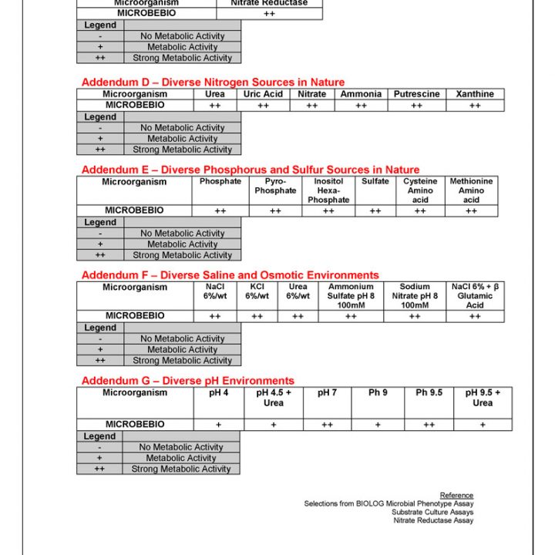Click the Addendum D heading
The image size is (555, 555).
213,82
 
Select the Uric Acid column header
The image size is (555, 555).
263,94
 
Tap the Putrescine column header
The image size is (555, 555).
416,94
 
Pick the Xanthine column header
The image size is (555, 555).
475,94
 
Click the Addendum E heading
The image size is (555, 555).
251,170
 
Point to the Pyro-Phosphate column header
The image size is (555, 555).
275,186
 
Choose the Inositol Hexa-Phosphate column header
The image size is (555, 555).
328,190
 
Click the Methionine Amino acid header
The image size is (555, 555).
471,190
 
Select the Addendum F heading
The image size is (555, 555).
230,275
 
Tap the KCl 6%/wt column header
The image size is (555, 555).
257,291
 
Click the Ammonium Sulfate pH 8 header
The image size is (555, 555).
351,296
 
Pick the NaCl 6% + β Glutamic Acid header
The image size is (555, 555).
475,296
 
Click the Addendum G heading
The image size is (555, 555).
187,381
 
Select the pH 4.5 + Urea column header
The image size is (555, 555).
274,398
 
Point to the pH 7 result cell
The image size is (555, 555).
327,425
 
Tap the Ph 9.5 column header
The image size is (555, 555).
429,393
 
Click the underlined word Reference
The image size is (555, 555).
456,495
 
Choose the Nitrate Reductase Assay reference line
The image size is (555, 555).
433,521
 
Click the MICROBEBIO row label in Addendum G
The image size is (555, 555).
135,425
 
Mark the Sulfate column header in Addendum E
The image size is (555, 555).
375,182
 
